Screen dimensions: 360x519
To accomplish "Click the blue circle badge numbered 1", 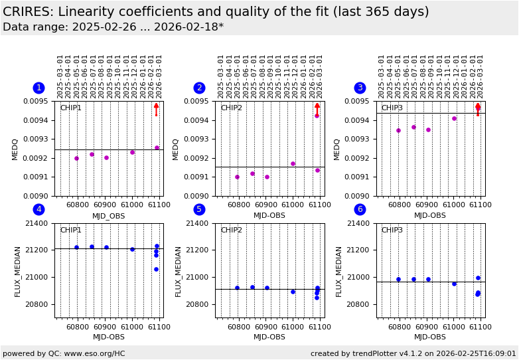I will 38,88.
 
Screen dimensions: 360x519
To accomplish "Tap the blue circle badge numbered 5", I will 199,210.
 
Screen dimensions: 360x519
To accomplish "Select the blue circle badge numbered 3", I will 360,88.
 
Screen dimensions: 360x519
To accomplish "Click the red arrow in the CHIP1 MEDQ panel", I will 157,109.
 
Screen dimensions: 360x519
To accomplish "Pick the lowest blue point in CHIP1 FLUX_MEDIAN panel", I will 156,269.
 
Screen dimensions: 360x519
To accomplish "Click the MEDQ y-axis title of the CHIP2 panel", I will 176,149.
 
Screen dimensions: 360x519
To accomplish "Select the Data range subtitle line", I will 113,27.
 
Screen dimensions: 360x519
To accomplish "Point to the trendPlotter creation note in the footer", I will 413,353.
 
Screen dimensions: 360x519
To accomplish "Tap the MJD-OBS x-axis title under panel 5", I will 269,337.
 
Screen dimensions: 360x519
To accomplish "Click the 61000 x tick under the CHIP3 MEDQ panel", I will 454,206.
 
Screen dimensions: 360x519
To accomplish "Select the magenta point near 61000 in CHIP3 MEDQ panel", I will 454,118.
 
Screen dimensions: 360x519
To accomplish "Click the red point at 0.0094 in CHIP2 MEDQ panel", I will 317,116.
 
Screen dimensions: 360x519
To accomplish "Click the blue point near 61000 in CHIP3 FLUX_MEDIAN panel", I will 454,284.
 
